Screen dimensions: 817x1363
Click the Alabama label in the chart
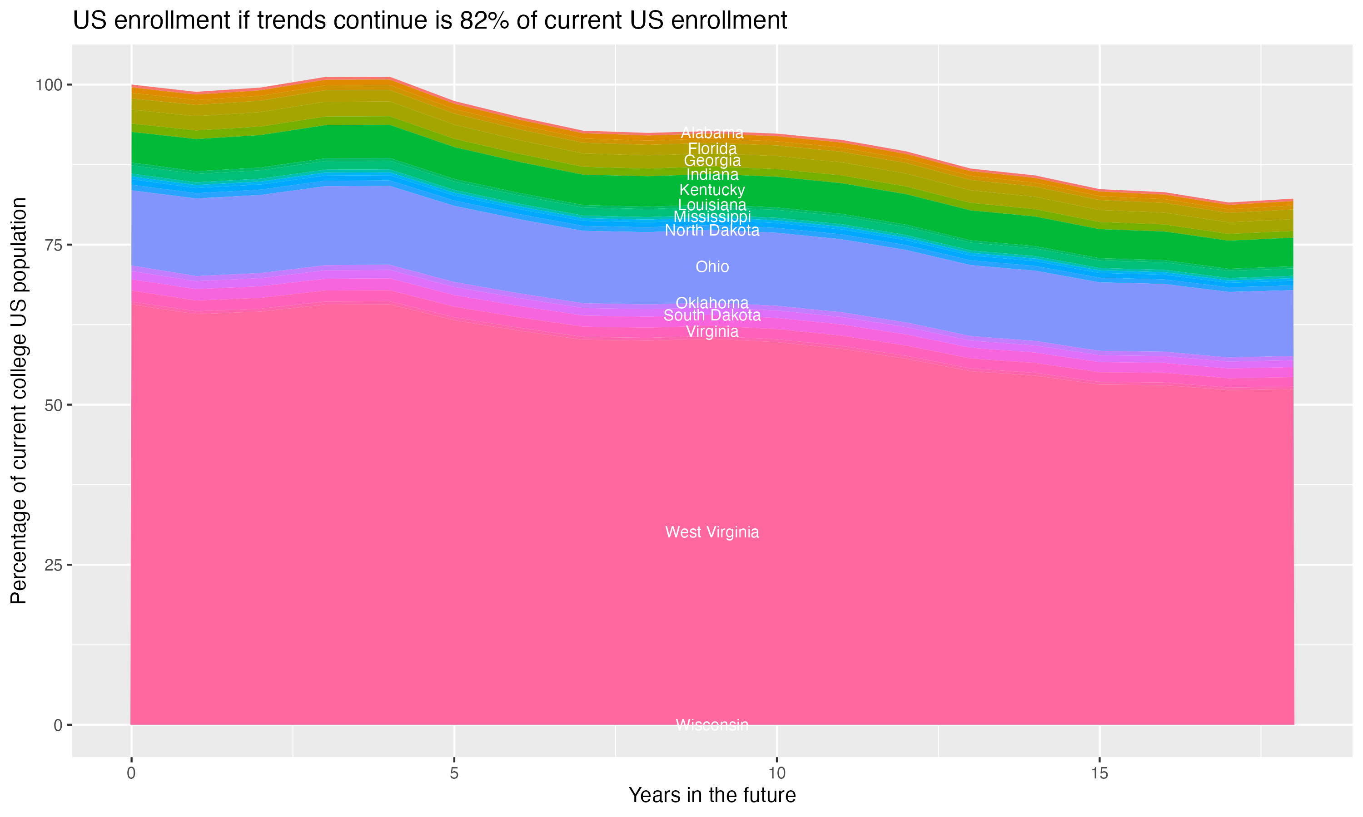point(712,133)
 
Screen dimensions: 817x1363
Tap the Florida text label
point(712,148)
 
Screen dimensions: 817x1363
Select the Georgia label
point(712,161)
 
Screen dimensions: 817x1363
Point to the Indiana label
point(712,175)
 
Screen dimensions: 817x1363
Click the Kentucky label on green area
point(712,190)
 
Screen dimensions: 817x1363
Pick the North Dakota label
point(712,231)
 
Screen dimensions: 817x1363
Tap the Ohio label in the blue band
point(712,266)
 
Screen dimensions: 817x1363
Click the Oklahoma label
point(712,303)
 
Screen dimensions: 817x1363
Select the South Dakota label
point(712,315)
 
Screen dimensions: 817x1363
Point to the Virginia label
point(712,331)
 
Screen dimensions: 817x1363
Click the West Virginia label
point(712,532)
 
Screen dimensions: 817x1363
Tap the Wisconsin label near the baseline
point(712,724)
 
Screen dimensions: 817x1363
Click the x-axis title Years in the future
point(712,795)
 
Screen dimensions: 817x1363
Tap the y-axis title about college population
point(19,401)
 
